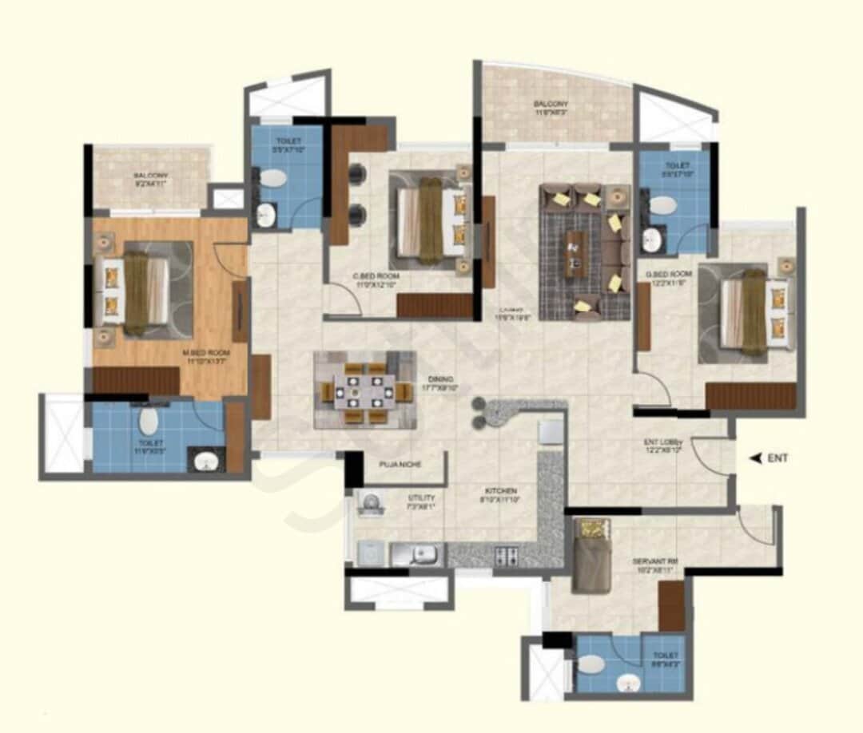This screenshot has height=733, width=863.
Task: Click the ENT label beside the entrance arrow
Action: pyautogui.click(x=777, y=458)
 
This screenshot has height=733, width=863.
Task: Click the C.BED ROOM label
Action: pyautogui.click(x=376, y=276)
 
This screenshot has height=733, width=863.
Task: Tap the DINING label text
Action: pyautogui.click(x=440, y=378)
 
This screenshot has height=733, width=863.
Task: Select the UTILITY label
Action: pyautogui.click(x=421, y=497)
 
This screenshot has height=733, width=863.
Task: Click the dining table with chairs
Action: pyautogui.click(x=364, y=390)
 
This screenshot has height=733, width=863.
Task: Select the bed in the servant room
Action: pyautogui.click(x=591, y=554)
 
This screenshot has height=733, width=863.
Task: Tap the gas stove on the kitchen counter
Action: pyautogui.click(x=507, y=554)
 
